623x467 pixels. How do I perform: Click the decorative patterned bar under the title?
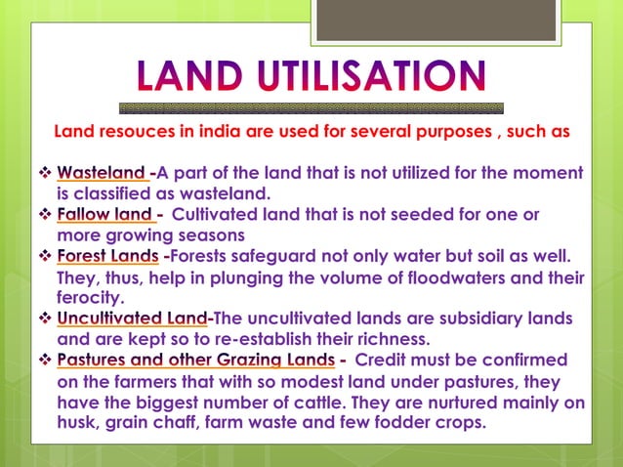click(311, 107)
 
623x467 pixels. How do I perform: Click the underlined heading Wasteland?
click(102, 173)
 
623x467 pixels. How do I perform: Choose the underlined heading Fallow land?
click(104, 214)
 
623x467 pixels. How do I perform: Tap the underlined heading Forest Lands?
click(107, 256)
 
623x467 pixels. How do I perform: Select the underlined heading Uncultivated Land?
click(133, 318)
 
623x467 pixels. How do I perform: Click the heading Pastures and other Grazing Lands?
click(196, 361)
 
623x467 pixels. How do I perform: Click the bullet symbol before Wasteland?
click(46, 173)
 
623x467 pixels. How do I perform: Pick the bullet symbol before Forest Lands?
click(46, 256)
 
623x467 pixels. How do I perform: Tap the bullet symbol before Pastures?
click(46, 361)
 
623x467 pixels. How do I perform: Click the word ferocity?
click(90, 298)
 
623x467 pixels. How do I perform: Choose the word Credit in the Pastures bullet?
click(383, 361)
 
